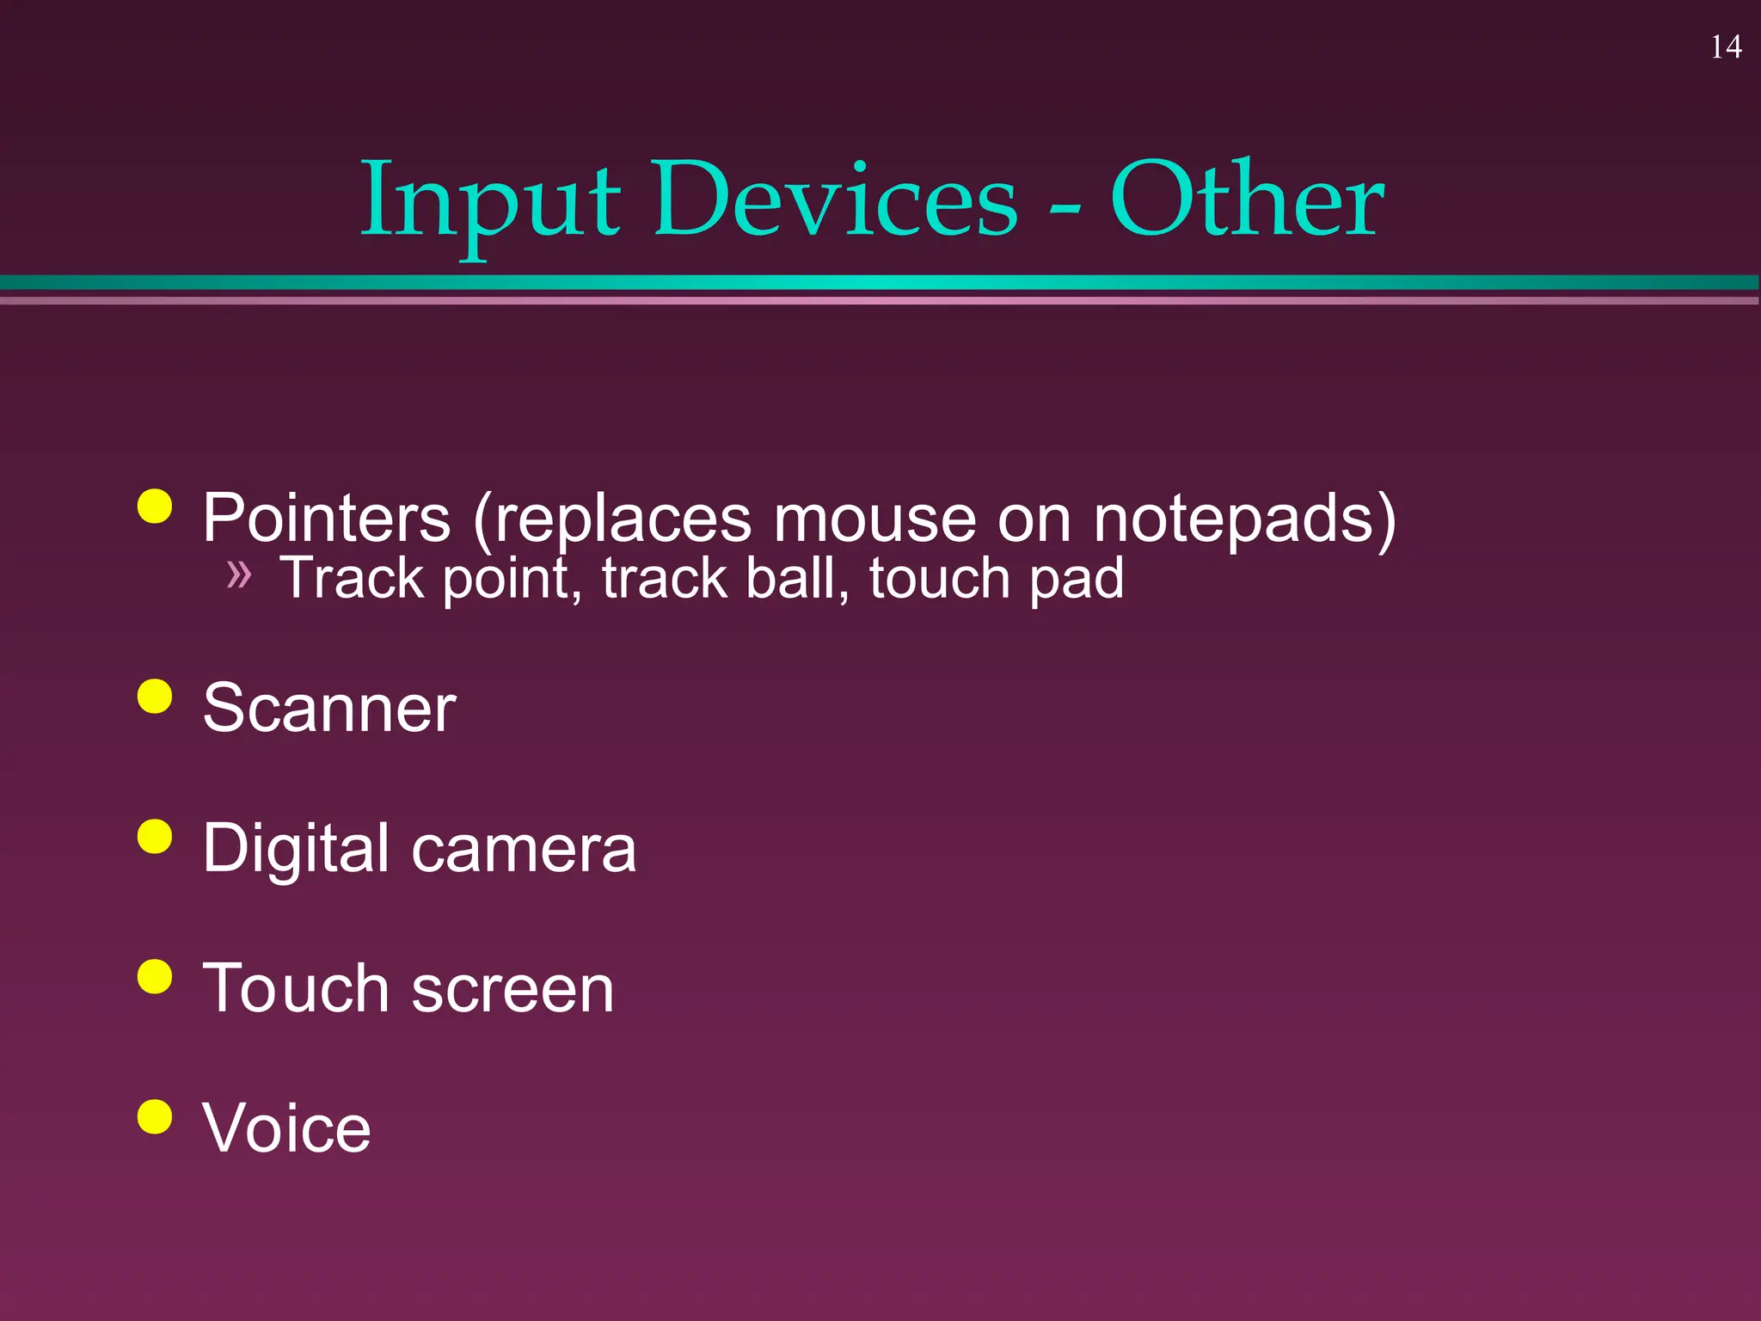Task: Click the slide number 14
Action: [1726, 47]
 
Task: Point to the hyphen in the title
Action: [1065, 211]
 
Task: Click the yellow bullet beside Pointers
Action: [155, 507]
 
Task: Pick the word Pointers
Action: [327, 519]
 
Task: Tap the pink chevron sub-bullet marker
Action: [239, 574]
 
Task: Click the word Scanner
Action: [329, 708]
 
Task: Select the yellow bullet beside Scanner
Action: [155, 696]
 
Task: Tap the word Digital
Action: [296, 849]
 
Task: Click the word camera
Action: [524, 849]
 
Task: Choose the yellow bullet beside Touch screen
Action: [155, 976]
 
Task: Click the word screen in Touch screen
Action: [513, 989]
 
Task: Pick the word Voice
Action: [286, 1128]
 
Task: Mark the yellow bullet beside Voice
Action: [155, 1116]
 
